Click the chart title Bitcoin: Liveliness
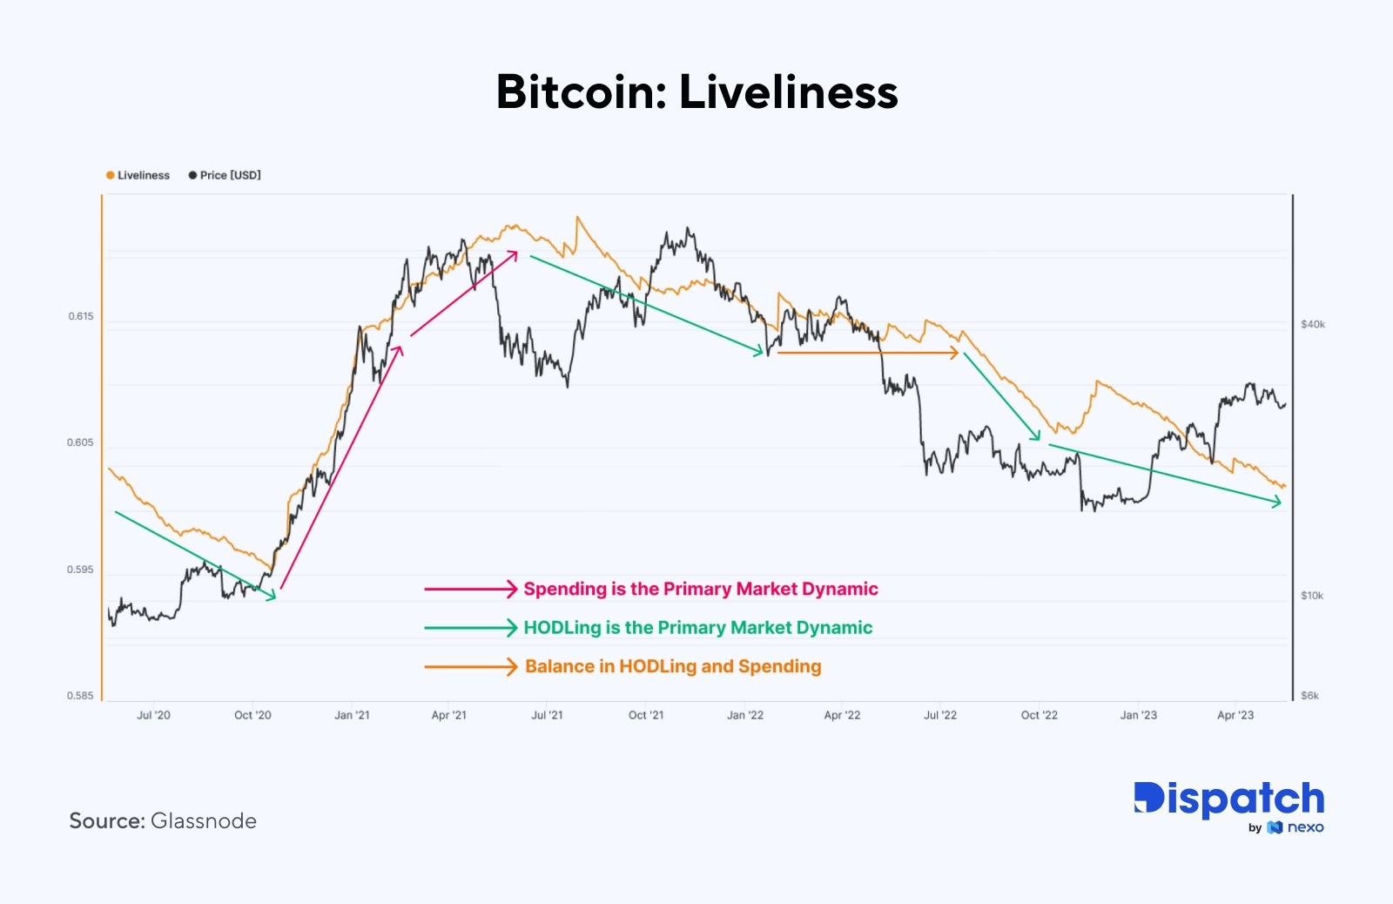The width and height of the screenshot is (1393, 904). [x=696, y=91]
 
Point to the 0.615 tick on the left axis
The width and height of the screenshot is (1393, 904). [x=81, y=316]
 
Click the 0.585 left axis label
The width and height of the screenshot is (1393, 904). [x=80, y=696]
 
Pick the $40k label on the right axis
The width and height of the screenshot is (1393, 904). [x=1312, y=324]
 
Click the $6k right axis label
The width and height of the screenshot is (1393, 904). [x=1309, y=696]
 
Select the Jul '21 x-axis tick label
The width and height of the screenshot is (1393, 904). [x=547, y=715]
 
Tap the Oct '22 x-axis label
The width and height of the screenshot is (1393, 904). [x=1039, y=715]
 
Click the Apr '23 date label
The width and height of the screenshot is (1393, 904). [x=1235, y=715]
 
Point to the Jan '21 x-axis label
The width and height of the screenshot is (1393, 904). [x=352, y=715]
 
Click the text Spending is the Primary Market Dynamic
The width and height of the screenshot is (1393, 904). [x=701, y=589]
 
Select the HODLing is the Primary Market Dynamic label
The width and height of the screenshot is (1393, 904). [x=698, y=628]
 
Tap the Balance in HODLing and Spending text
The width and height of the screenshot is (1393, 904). [x=673, y=666]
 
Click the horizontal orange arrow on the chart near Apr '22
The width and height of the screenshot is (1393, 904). [x=867, y=353]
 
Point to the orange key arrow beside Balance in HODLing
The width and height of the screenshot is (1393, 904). [x=471, y=667]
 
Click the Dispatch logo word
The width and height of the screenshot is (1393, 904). [x=1228, y=799]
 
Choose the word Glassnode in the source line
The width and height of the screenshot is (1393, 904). [x=204, y=821]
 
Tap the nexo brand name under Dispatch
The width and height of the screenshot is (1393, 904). [x=1305, y=827]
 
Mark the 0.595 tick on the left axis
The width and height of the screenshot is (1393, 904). [x=80, y=570]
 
